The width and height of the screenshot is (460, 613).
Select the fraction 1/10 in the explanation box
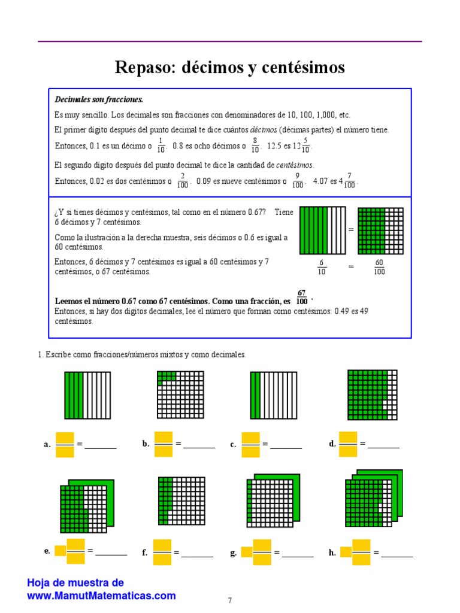[161, 145]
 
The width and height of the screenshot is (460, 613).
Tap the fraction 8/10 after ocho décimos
[255, 145]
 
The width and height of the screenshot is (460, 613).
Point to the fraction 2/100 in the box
[183, 181]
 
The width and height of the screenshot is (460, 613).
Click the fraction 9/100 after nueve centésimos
[298, 181]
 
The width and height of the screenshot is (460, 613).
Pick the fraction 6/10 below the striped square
[322, 267]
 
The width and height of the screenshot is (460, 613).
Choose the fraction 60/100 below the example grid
[380, 267]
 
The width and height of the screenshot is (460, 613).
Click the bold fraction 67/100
[302, 297]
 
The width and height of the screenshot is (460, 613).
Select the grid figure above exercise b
[180, 394]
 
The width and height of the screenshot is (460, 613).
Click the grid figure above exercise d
[373, 394]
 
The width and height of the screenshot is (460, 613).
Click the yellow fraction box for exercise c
[251, 445]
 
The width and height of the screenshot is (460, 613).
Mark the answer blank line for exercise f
[197, 556]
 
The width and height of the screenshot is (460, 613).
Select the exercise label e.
[47, 551]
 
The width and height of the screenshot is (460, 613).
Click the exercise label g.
[234, 553]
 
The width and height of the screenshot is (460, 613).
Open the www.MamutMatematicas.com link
[101, 596]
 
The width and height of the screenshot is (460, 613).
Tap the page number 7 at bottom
[230, 600]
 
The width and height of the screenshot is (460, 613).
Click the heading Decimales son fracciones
[99, 99]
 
